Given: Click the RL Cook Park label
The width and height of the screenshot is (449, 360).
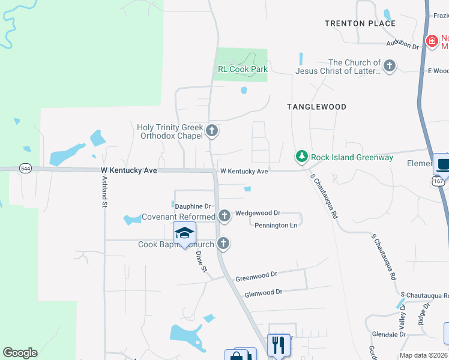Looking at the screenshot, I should coord(243,69).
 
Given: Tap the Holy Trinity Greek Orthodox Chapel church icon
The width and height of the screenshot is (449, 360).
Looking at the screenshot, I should coord(211,130).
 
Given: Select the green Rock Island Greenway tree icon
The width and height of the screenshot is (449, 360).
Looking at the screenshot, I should coord(301,157).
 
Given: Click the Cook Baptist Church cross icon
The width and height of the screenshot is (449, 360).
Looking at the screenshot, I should coord(223,244).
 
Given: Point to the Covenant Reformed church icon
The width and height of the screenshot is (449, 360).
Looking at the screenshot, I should coord(224,215).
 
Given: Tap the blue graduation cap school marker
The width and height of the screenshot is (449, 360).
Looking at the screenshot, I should coord(185,233).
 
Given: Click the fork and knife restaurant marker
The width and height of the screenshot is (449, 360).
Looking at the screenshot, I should coord(278,345).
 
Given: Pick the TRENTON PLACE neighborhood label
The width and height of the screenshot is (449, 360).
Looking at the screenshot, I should coord(360,23).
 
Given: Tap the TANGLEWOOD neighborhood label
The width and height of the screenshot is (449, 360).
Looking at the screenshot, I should coord(316,107).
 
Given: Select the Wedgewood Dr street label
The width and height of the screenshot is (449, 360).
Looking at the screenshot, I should coord(258,213).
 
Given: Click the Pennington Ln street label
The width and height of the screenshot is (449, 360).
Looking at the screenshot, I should coord(276,226).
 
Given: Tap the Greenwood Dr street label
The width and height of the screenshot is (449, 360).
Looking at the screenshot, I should coord(256,276).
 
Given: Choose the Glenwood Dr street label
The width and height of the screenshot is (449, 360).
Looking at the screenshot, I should coord(263,293).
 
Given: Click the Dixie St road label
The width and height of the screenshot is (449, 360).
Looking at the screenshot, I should coord(201,261).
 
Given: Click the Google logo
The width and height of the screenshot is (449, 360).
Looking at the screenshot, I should coord(20,353).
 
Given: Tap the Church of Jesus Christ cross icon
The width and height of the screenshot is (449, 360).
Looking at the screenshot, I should coord(390,65).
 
